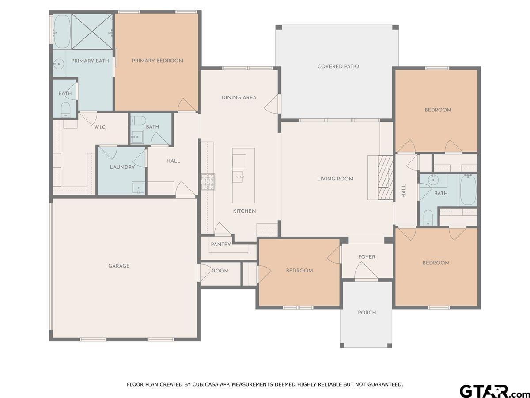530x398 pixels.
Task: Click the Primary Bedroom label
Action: tap(157, 61)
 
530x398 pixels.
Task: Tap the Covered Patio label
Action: tap(338, 66)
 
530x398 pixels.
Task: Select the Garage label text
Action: tap(119, 266)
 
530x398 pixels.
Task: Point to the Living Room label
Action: tap(335, 179)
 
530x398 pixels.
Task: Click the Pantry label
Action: tap(221, 244)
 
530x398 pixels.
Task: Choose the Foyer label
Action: tap(367, 257)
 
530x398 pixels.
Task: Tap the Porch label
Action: tap(367, 313)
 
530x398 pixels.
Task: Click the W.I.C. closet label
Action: tap(100, 127)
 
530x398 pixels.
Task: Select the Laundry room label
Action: tap(122, 167)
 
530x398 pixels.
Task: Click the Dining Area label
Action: tap(239, 97)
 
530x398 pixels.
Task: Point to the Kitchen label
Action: tap(244, 211)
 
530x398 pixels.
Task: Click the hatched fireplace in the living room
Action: tap(386, 178)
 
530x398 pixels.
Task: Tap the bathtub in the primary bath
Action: tap(62, 32)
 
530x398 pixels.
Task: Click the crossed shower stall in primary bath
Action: tap(92, 32)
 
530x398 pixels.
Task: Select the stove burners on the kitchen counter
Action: tap(208, 182)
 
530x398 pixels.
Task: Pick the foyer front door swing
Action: tap(365, 271)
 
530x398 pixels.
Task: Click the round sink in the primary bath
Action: tap(58, 64)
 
